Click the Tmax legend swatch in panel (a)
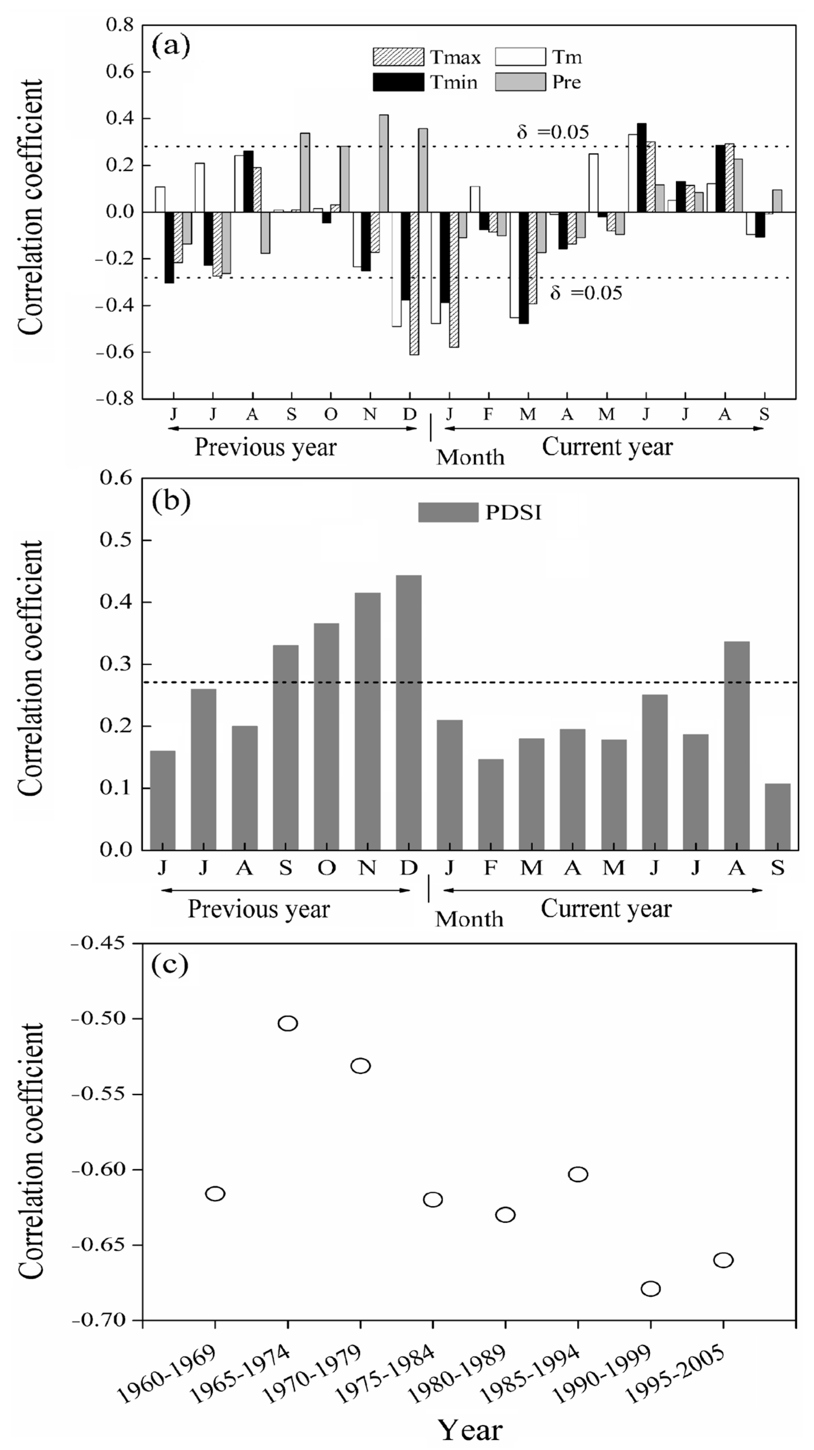(398, 57)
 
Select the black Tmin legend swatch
(398, 82)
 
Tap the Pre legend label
(566, 82)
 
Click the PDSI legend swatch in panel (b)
(448, 512)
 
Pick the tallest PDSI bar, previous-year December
(408, 712)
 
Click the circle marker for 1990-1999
(651, 1288)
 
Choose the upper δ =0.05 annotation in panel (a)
(553, 132)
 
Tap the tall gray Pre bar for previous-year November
(383, 163)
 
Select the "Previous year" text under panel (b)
(259, 909)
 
